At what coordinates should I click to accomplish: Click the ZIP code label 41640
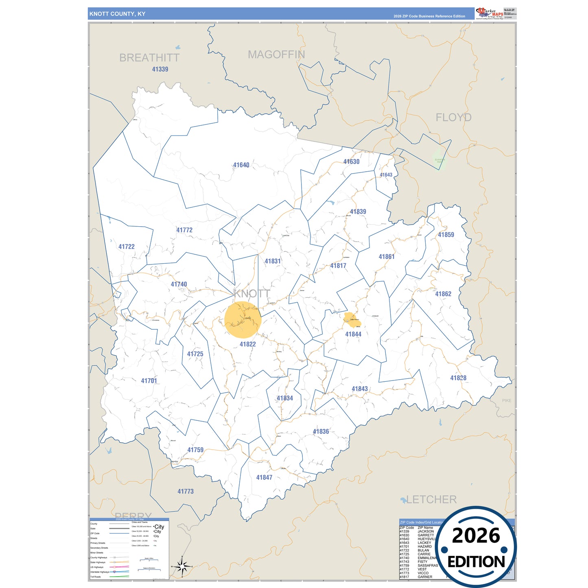241,165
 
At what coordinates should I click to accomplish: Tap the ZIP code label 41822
247,344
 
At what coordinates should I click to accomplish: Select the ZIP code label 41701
149,381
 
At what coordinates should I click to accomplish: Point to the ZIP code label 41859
446,235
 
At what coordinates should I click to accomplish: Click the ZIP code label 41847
264,477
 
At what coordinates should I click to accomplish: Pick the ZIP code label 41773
186,492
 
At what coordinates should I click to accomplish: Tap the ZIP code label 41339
160,69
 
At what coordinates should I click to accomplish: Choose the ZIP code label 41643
386,175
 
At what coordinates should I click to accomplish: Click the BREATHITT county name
149,58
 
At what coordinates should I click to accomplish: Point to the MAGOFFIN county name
276,55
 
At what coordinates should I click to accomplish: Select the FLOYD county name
453,118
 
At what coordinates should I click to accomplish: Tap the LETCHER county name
431,499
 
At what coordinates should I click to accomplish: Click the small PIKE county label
506,401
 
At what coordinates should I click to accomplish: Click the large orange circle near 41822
243,320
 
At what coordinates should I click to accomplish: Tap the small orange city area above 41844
352,319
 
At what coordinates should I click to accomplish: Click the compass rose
182,566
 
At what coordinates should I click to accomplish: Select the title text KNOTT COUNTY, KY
117,14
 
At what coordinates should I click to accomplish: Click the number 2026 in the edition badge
476,536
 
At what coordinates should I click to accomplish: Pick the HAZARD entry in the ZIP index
424,546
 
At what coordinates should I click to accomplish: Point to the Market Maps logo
490,13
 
